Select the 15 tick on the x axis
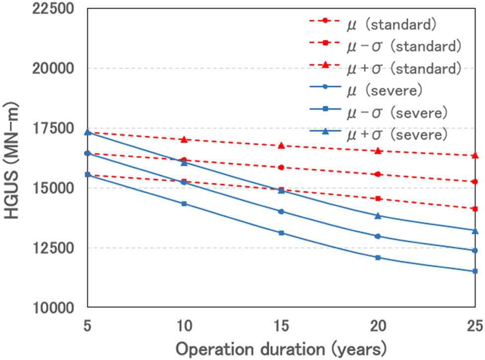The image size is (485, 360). coord(281,326)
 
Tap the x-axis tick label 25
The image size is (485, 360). coord(475,326)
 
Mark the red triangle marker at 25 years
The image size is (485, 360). coord(475,156)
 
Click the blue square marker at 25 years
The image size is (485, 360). coord(475,271)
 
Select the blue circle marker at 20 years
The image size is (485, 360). coord(378,236)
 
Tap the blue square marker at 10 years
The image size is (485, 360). coord(184,203)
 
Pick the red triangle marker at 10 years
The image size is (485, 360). coord(184,140)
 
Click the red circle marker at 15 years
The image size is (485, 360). coord(281,168)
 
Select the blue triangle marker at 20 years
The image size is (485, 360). coord(378,216)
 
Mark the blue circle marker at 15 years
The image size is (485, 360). coord(281,211)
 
